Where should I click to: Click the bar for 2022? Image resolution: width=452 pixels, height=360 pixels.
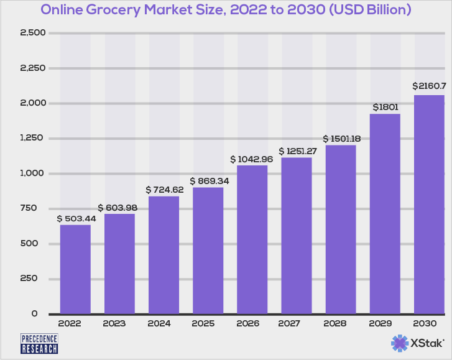pyautogui.click(x=75, y=269)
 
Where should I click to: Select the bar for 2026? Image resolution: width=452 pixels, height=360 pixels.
pyautogui.click(x=252, y=239)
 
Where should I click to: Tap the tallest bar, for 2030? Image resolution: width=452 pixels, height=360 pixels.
pyautogui.click(x=429, y=205)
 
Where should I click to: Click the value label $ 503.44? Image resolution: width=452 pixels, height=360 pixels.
pyautogui.click(x=75, y=218)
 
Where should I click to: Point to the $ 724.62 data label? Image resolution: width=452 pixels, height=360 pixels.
pyautogui.click(x=164, y=189)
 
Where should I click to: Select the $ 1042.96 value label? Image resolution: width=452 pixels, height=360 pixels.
pyautogui.click(x=252, y=159)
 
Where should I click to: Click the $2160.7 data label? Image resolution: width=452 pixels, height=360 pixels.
pyautogui.click(x=429, y=86)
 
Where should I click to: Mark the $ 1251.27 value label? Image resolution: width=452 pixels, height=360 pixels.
pyautogui.click(x=297, y=151)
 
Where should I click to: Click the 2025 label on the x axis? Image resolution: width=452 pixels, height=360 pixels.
pyautogui.click(x=208, y=324)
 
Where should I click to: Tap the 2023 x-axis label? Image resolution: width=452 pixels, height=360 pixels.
pyautogui.click(x=119, y=324)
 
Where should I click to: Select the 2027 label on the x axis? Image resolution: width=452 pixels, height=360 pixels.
pyautogui.click(x=296, y=324)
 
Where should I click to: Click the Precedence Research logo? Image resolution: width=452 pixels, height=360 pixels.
pyautogui.click(x=39, y=343)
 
